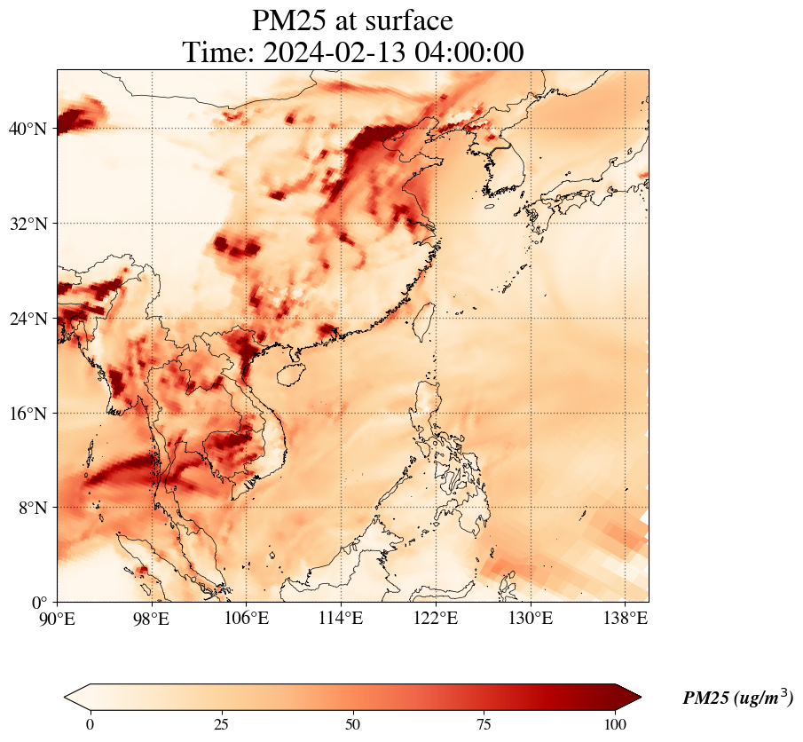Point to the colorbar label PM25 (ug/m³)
(737, 699)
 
